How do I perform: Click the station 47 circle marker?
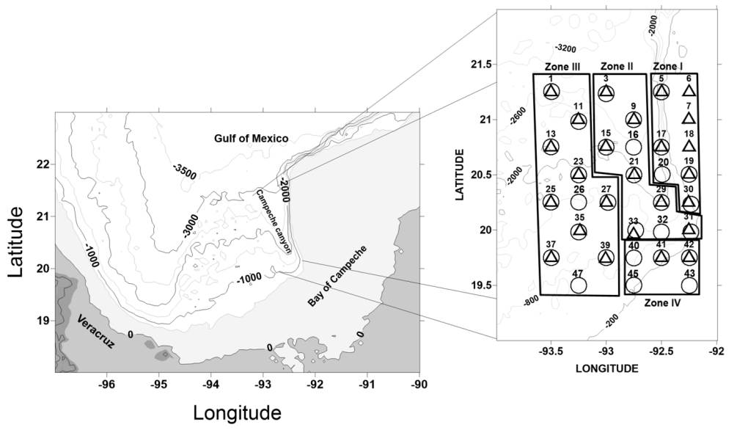click(578, 285)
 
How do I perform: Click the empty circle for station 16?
click(634, 147)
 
